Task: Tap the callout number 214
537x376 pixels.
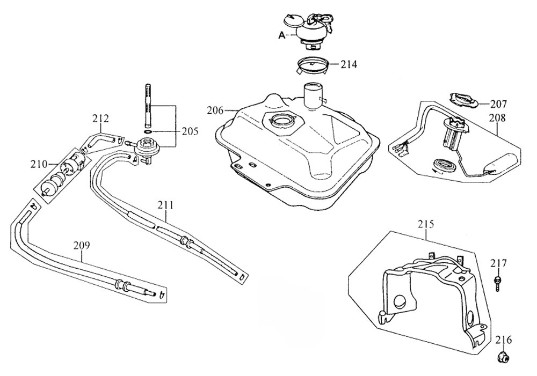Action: click(x=348, y=64)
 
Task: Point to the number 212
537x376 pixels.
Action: click(x=100, y=117)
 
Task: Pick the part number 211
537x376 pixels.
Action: click(x=166, y=204)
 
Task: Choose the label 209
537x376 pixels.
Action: click(x=82, y=246)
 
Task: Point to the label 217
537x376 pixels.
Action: click(x=498, y=263)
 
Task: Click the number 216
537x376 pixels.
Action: click(x=503, y=340)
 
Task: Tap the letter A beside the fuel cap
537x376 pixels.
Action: click(x=281, y=35)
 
